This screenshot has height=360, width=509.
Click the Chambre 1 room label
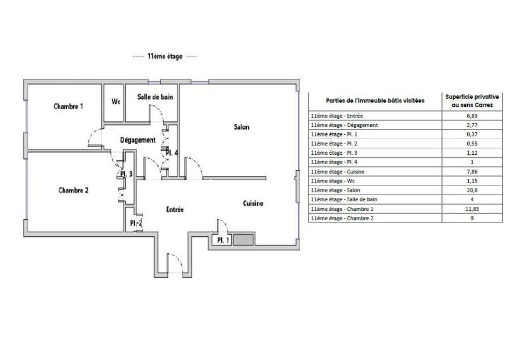(x=68, y=106)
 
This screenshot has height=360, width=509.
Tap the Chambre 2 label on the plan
(x=74, y=190)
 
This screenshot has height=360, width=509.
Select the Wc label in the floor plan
(x=116, y=101)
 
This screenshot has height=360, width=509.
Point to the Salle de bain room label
(x=155, y=97)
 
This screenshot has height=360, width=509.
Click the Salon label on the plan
(x=242, y=127)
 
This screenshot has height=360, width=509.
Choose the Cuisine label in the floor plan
(x=253, y=203)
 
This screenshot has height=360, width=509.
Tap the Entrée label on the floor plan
(x=175, y=209)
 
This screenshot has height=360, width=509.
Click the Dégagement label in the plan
(x=138, y=140)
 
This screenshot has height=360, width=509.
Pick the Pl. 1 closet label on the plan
(x=223, y=241)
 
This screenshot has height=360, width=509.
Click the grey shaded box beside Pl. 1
(x=244, y=240)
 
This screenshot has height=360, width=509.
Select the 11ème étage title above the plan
(x=165, y=56)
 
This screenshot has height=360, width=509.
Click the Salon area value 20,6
(x=472, y=190)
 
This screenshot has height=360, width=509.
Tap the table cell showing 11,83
(x=472, y=209)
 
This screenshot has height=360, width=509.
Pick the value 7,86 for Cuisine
(x=472, y=172)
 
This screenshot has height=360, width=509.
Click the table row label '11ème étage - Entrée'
(x=337, y=116)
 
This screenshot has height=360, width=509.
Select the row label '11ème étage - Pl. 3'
(x=334, y=153)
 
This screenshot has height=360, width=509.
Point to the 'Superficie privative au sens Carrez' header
(x=472, y=101)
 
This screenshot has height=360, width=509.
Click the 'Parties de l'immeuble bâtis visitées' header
(x=375, y=100)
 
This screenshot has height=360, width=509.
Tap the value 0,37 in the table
(x=472, y=134)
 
